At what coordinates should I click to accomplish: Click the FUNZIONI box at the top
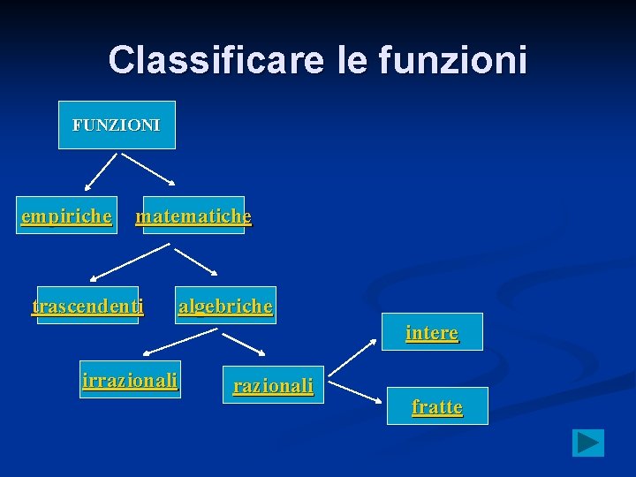tap(117, 125)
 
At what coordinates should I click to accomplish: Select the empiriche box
tap(67, 216)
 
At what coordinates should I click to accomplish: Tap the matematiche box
tap(193, 216)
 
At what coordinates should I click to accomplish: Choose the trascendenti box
tap(87, 306)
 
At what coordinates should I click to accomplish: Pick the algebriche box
tap(225, 306)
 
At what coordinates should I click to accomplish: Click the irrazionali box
tap(130, 380)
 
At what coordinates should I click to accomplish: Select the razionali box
tap(273, 385)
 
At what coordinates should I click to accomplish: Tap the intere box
tap(432, 332)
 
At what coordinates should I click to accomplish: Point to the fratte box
tap(437, 406)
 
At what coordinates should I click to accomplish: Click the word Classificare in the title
tap(216, 60)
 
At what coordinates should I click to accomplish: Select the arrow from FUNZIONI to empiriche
tap(100, 172)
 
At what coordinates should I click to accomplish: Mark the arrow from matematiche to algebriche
tap(196, 261)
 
